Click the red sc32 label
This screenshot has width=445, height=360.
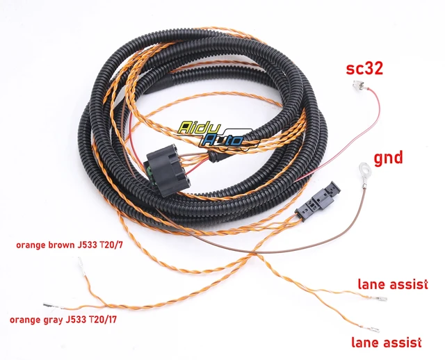[x=364, y=69]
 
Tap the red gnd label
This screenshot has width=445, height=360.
[x=388, y=158]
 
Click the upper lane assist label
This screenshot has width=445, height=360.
[x=393, y=284]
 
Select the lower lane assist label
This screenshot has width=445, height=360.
[x=387, y=342]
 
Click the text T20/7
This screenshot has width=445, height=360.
[x=111, y=245]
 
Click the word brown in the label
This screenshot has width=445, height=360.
[x=61, y=245]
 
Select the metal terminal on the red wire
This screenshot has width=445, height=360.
[x=359, y=85]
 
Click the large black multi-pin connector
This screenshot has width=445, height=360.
[x=165, y=170]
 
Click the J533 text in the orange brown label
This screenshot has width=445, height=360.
[x=88, y=245]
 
